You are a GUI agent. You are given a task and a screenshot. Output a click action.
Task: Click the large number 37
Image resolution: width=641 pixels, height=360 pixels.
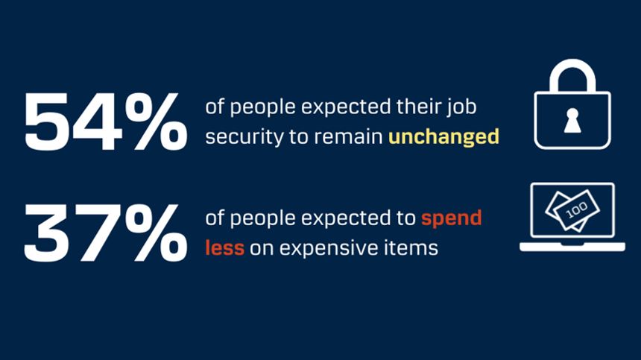72,233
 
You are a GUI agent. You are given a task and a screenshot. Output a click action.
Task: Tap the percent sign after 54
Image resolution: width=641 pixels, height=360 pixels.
157,121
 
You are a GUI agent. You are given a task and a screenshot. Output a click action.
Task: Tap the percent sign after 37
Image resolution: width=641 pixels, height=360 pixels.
157,233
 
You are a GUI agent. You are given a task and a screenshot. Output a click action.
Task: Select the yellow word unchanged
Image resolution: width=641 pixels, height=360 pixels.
444,137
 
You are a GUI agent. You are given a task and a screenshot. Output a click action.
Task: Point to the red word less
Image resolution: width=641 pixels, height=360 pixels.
225,248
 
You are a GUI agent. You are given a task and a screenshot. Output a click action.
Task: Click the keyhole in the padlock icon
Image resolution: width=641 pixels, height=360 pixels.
572,121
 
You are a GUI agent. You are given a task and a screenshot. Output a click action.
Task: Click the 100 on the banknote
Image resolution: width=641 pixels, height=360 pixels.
576,210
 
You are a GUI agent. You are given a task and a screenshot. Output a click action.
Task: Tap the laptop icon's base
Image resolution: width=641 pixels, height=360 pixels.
572,247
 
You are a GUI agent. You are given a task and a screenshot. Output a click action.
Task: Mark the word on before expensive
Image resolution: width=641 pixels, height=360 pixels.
262,249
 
